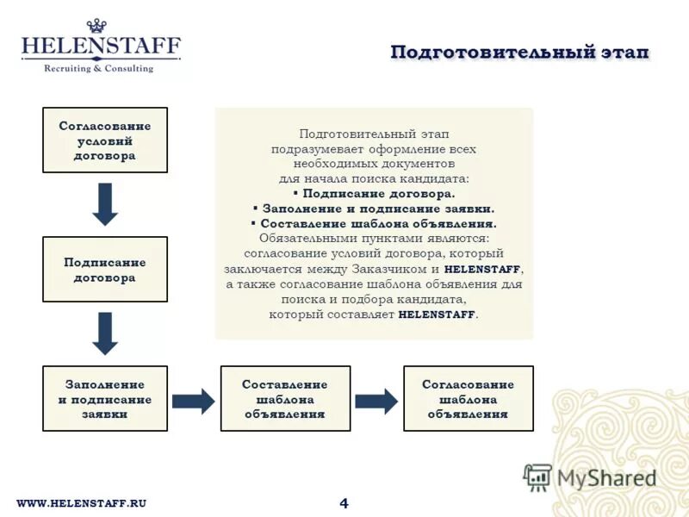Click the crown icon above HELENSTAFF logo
[x=100, y=26]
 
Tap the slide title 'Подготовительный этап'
[x=519, y=53]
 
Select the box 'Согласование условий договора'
[x=105, y=140]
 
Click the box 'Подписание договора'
[x=105, y=270]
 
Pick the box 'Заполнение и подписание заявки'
[x=105, y=399]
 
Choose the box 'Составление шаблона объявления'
[x=285, y=399]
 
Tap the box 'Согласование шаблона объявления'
[x=468, y=399]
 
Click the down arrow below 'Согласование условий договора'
[x=105, y=204]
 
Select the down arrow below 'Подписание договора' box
[x=105, y=333]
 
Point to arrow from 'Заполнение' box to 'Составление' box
[x=194, y=400]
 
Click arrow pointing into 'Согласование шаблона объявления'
[x=376, y=400]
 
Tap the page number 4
[x=344, y=503]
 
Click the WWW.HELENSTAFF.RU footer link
[x=82, y=503]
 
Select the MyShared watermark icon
[x=538, y=477]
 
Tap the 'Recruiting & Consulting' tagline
[x=98, y=68]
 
